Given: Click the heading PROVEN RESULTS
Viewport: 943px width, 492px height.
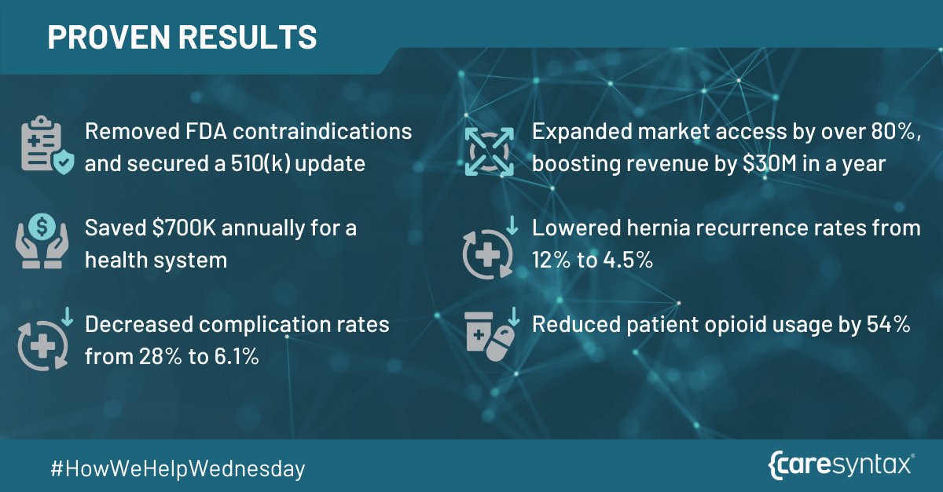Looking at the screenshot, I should point(182,37).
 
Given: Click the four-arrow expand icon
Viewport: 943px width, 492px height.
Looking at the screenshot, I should point(489,146).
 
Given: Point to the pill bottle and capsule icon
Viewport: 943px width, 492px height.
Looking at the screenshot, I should point(489,335).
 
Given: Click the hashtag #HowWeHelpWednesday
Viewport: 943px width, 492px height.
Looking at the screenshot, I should point(177,468).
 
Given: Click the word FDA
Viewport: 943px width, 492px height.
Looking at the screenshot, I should point(204,132).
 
